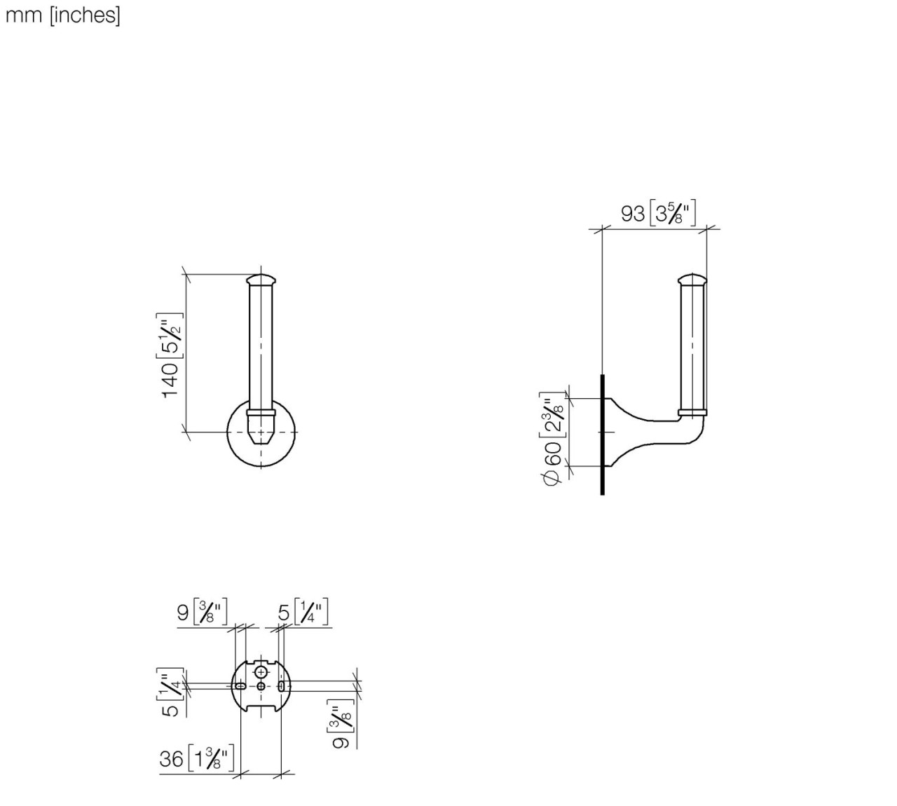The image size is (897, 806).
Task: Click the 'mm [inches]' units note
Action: pyautogui.click(x=63, y=15)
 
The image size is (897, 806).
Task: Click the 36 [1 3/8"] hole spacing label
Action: pyautogui.click(x=197, y=758)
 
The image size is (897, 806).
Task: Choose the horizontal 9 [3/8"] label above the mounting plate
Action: pyautogui.click(x=202, y=613)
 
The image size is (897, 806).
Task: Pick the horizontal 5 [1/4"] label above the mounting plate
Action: pyautogui.click(x=302, y=613)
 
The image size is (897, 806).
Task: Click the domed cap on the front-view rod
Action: pyautogui.click(x=261, y=279)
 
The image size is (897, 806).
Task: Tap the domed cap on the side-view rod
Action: pyautogui.click(x=692, y=280)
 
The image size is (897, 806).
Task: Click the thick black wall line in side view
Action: pyautogui.click(x=602, y=435)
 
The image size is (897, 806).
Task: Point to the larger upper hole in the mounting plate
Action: pyautogui.click(x=261, y=672)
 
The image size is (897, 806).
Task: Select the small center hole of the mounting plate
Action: pyautogui.click(x=261, y=686)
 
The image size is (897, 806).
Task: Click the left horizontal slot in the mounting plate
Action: pyautogui.click(x=241, y=686)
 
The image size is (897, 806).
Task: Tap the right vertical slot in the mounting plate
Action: pyautogui.click(x=281, y=686)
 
